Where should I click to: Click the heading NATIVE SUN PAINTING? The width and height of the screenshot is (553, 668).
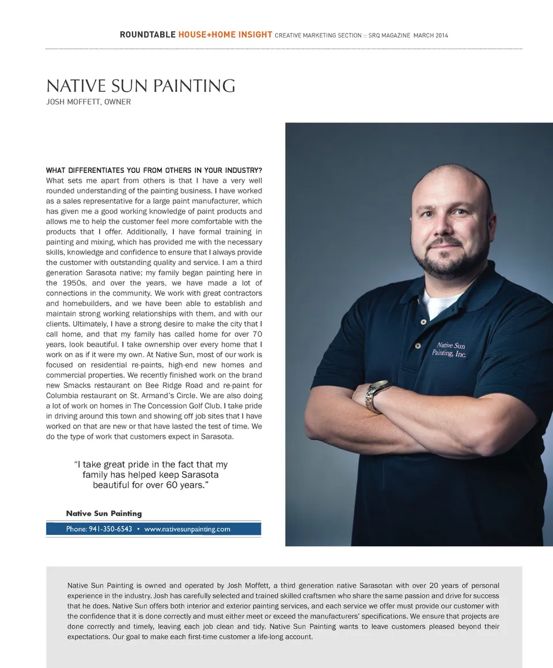click(141, 86)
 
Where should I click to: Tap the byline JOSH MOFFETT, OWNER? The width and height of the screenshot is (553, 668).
click(88, 102)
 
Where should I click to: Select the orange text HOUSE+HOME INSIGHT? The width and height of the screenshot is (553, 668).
click(225, 35)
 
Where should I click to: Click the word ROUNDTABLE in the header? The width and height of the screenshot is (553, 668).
click(147, 35)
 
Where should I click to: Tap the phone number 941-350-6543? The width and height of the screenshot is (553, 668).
click(111, 529)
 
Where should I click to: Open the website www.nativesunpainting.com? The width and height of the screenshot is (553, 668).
click(187, 529)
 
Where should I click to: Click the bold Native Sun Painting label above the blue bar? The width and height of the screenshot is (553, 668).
click(104, 513)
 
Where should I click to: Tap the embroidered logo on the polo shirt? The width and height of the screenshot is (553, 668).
click(449, 350)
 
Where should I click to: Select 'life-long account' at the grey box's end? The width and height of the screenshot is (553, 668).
click(281, 637)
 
